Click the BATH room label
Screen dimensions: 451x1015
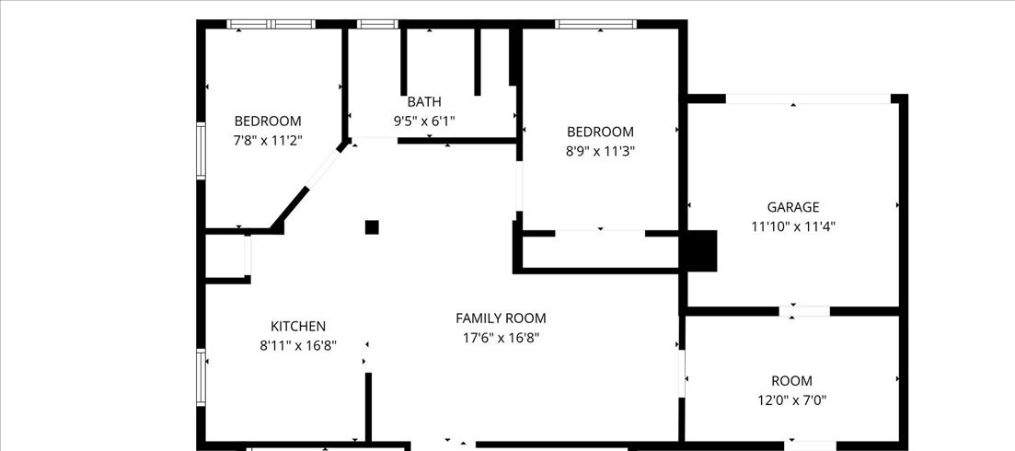point(424,101)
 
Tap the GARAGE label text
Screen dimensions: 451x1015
point(792,207)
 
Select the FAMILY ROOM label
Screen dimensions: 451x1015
point(501,318)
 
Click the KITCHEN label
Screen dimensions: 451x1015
point(297,327)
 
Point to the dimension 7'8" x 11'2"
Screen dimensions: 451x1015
point(267,141)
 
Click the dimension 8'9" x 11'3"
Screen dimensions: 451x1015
point(600,151)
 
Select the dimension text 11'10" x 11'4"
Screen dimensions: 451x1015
point(792,226)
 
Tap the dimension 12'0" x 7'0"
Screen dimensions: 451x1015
point(791,400)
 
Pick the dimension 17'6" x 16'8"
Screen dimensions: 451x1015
point(501,338)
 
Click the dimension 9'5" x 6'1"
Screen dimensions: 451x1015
point(424,121)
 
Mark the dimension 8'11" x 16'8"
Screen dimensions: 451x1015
point(297,346)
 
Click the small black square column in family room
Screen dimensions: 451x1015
point(372,227)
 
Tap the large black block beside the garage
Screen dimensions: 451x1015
point(698,250)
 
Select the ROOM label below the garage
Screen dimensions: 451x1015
point(791,381)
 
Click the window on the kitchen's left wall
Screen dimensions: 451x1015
point(201,377)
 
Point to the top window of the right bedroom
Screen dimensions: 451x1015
point(596,25)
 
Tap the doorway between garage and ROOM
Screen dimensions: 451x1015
point(804,311)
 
